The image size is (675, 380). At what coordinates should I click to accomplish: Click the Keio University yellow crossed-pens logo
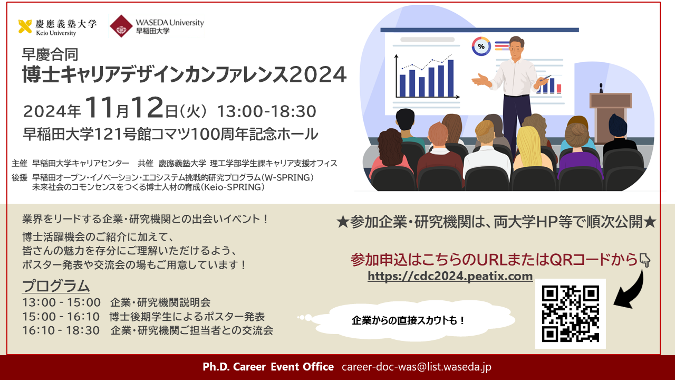pyautogui.click(x=25, y=26)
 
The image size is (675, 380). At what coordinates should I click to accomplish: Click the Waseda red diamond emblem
pyautogui.click(x=121, y=26)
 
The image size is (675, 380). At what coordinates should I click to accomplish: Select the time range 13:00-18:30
pyautogui.click(x=266, y=111)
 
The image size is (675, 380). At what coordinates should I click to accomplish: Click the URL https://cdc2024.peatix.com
pyautogui.click(x=450, y=276)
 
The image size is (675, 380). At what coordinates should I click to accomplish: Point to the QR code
pyautogui.click(x=571, y=313)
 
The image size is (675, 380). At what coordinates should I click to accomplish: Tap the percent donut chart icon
pyautogui.click(x=481, y=46)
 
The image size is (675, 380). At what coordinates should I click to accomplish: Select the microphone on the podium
pyautogui.click(x=601, y=88)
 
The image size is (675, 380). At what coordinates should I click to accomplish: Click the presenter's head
pyautogui.click(x=516, y=47)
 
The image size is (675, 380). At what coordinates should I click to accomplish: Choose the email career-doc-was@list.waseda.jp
pyautogui.click(x=417, y=367)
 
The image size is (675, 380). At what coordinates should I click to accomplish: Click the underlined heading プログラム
pyautogui.click(x=56, y=286)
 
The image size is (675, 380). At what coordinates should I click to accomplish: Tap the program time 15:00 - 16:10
pyautogui.click(x=61, y=317)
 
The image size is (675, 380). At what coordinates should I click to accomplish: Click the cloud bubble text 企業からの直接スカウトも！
pyautogui.click(x=408, y=320)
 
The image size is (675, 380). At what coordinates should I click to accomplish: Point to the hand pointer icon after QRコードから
pyautogui.click(x=644, y=260)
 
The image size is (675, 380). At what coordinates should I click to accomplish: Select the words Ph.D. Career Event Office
pyautogui.click(x=268, y=367)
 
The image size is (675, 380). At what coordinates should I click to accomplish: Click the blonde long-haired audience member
pyautogui.click(x=531, y=148)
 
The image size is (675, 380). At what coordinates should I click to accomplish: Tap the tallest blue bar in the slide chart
pyautogui.click(x=450, y=78)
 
